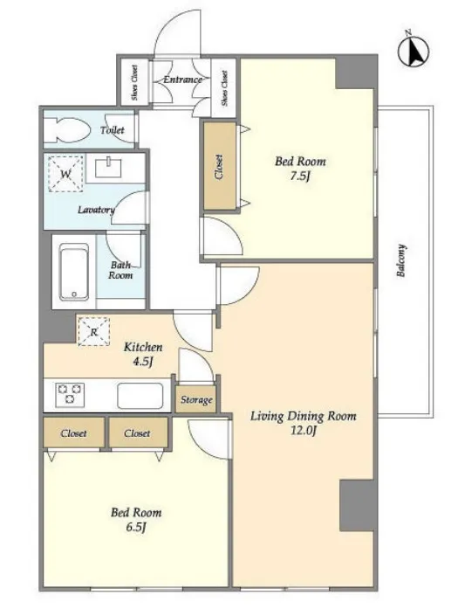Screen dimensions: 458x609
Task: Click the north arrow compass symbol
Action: (414, 52)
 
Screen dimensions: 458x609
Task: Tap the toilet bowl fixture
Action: (66, 129)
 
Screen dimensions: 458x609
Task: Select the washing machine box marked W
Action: (65, 174)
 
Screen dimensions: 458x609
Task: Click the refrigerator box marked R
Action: (94, 331)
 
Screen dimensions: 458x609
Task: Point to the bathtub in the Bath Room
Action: (73, 272)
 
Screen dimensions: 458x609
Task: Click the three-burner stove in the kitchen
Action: (70, 395)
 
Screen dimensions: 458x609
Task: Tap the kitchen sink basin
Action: (140, 396)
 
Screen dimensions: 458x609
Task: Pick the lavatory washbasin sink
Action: (108, 168)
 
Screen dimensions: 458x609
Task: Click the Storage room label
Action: (196, 399)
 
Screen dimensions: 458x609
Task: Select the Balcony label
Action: (401, 260)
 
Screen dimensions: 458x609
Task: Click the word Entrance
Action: (182, 80)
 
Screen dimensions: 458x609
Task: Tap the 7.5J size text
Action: (301, 176)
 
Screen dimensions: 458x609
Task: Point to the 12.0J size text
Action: (303, 431)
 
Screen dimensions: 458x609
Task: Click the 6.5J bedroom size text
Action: (136, 527)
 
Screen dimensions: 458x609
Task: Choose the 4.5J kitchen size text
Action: (143, 362)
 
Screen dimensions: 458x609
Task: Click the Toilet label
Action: (113, 130)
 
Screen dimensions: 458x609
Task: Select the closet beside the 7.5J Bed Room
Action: (220, 167)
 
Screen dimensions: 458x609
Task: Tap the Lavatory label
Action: (96, 210)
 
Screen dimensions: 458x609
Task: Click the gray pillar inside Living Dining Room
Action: (357, 505)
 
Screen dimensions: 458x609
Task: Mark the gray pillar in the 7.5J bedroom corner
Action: (355, 73)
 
